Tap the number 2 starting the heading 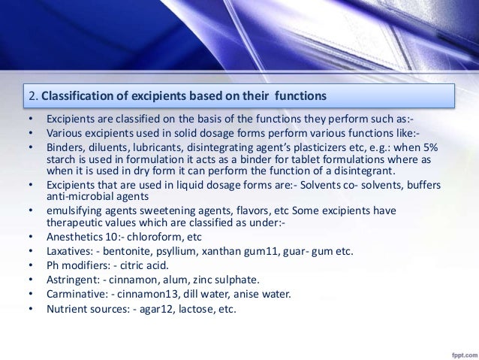click(x=31, y=96)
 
